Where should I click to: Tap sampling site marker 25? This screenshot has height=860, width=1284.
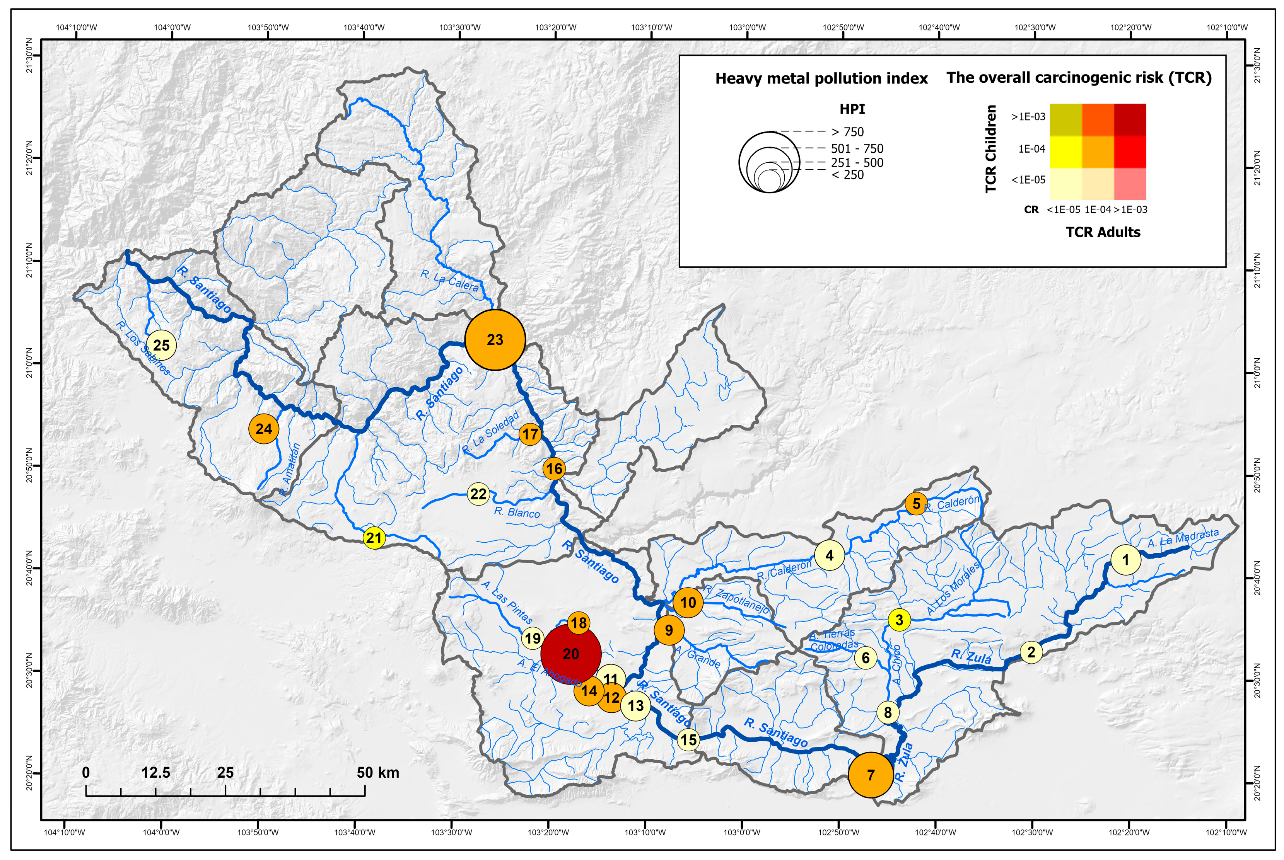(x=161, y=345)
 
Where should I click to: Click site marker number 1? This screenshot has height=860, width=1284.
(x=1125, y=560)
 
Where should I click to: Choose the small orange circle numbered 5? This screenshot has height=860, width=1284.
(x=916, y=504)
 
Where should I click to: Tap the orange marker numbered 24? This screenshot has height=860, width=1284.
(x=263, y=429)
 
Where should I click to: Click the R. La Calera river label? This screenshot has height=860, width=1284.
(x=449, y=280)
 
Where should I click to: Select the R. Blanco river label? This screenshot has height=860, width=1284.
(x=517, y=513)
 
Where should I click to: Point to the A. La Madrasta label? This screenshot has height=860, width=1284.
(x=1183, y=538)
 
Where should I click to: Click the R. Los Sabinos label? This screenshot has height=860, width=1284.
(x=143, y=348)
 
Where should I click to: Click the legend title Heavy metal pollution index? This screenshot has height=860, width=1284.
(x=821, y=79)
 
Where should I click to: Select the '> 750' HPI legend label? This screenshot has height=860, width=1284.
(x=848, y=132)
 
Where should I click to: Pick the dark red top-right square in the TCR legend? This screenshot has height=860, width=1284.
(x=1130, y=119)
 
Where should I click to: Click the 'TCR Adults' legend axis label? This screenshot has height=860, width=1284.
(x=1103, y=232)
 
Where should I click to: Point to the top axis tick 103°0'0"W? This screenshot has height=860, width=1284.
(x=747, y=27)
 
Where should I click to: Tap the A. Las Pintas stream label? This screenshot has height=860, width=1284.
(x=507, y=602)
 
